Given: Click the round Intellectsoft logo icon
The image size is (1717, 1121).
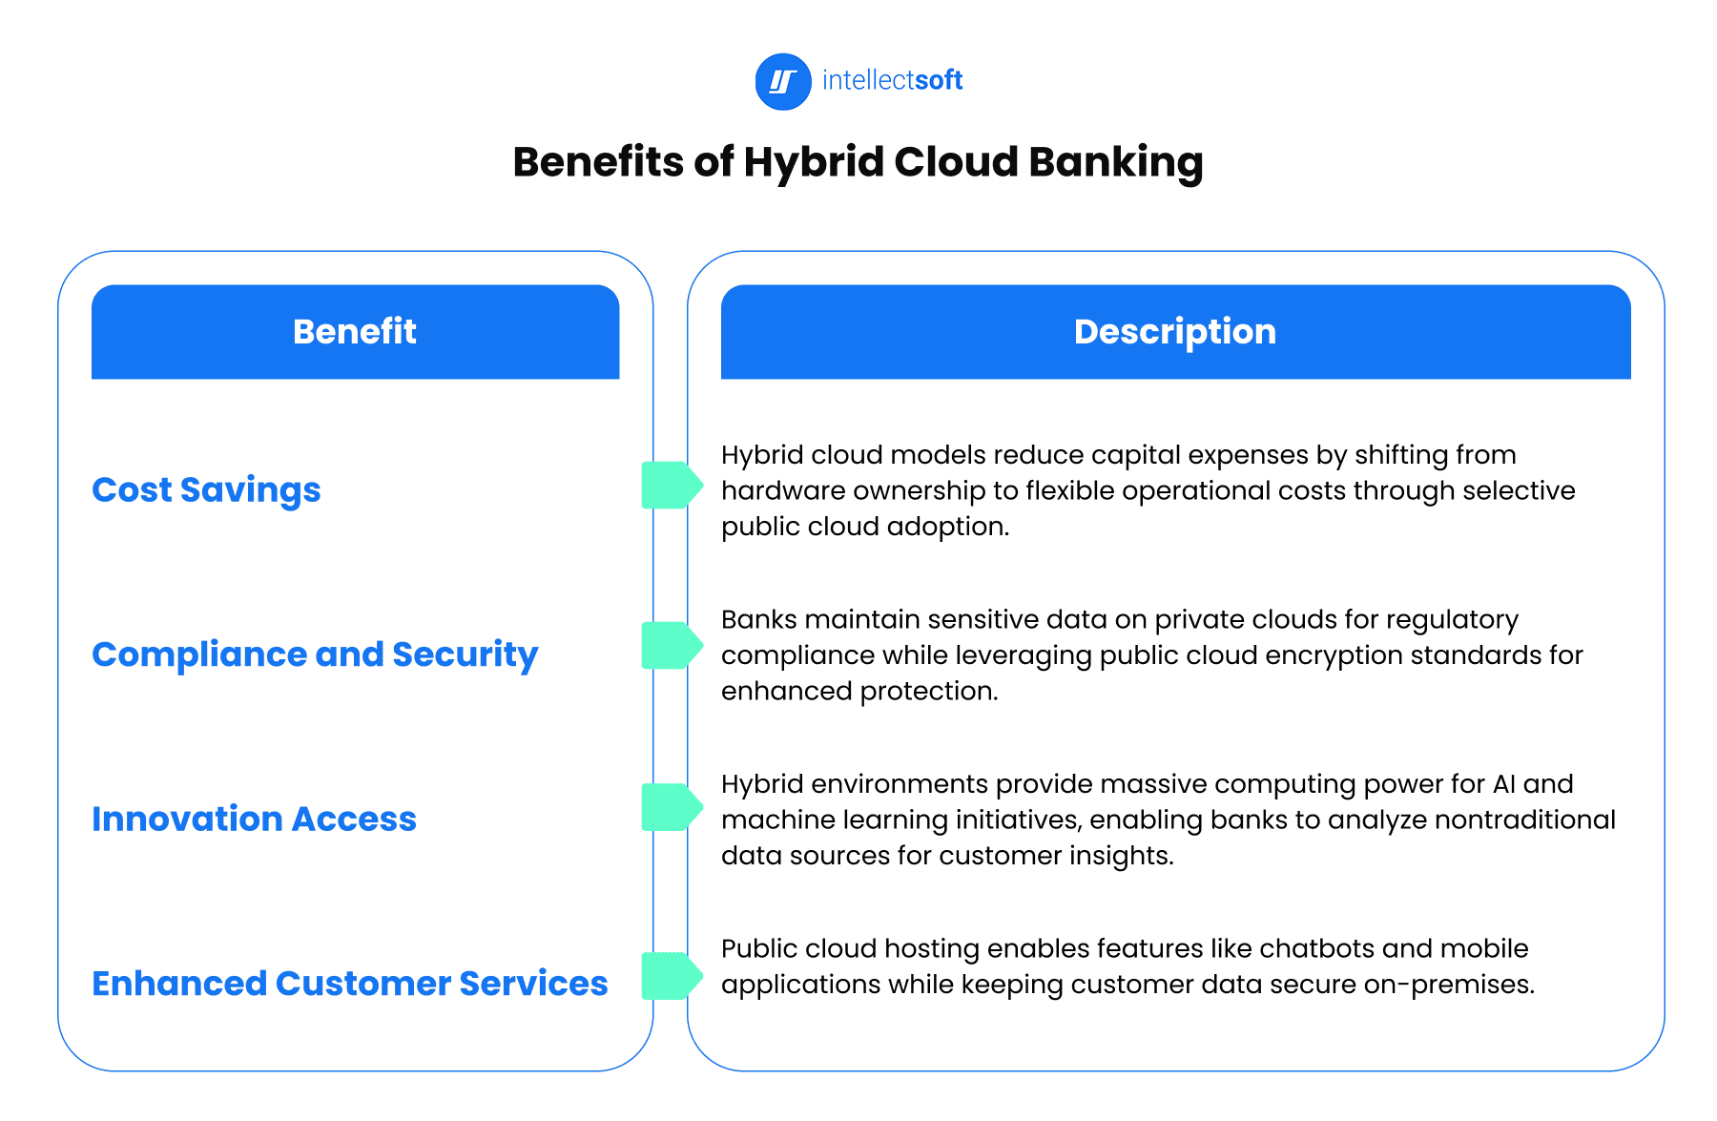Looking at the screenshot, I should click(782, 82).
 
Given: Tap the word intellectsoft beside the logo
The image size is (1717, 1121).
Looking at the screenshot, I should click(892, 80).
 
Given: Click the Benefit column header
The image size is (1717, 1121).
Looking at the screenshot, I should click(355, 332).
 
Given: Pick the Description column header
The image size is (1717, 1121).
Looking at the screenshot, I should click(1174, 332).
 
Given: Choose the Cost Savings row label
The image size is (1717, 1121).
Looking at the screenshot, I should click(206, 489).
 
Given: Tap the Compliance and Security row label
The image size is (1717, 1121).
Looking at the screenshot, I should click(315, 654).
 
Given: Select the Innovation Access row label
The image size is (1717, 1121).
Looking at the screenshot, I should click(254, 819).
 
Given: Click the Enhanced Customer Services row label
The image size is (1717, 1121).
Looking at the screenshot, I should click(349, 984).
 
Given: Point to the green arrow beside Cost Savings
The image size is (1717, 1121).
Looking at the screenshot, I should click(672, 485).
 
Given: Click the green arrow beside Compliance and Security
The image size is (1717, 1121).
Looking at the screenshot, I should click(672, 645).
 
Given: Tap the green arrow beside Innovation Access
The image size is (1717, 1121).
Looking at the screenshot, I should click(672, 807).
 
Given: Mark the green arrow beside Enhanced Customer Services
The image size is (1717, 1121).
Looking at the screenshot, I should click(672, 975).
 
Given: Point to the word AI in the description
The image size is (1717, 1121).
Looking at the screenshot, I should click(1504, 784).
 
